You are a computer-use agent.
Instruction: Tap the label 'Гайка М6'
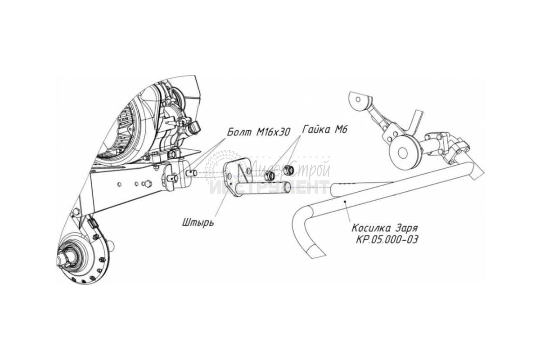323,129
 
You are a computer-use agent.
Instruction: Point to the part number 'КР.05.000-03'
387,239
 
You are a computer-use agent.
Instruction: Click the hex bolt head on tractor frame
145,183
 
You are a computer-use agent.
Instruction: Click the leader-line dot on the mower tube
345,202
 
